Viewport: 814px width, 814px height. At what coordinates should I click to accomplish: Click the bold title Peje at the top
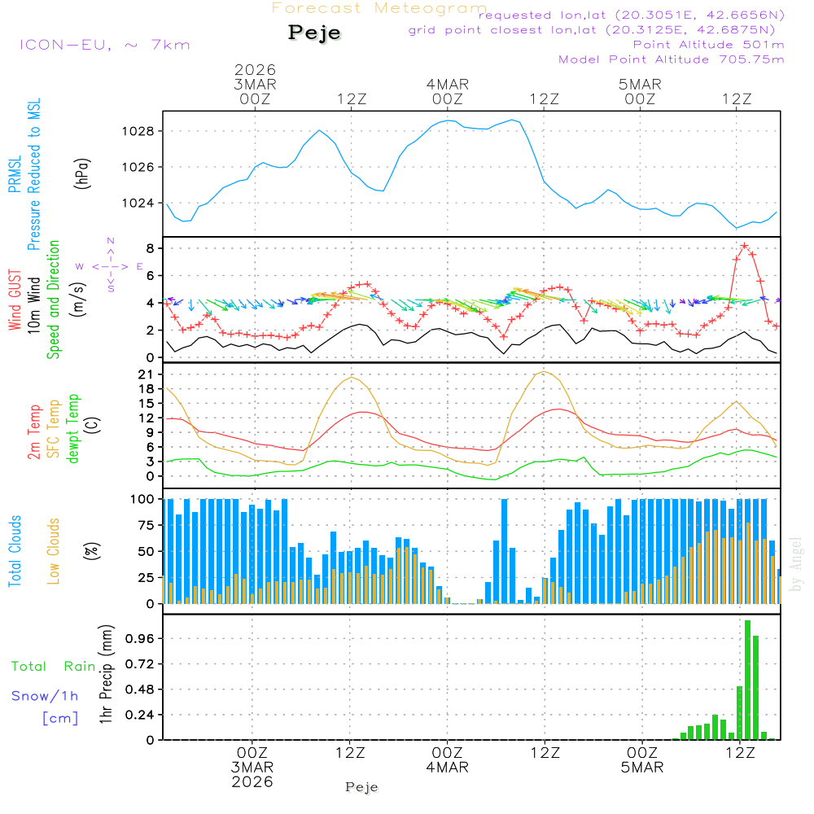coord(315,33)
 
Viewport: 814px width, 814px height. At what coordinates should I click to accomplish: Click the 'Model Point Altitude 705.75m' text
coord(672,59)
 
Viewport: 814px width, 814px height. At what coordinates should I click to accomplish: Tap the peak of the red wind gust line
coord(745,245)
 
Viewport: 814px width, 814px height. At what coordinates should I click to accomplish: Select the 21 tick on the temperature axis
coord(147,374)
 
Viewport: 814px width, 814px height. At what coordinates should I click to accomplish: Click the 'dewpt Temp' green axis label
coord(74,429)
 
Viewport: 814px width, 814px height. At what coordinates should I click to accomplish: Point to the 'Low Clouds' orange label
coord(54,551)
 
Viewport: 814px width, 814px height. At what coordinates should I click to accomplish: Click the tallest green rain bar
coord(747,680)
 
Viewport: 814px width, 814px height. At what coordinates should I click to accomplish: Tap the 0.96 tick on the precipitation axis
coord(140,639)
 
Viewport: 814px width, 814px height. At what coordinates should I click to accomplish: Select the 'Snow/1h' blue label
coord(45,696)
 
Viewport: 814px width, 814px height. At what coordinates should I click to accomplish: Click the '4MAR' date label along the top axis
coord(447,84)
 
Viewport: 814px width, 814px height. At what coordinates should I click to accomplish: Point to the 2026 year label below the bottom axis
coord(252,781)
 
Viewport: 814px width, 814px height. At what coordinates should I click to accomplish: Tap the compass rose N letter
coord(111,241)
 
